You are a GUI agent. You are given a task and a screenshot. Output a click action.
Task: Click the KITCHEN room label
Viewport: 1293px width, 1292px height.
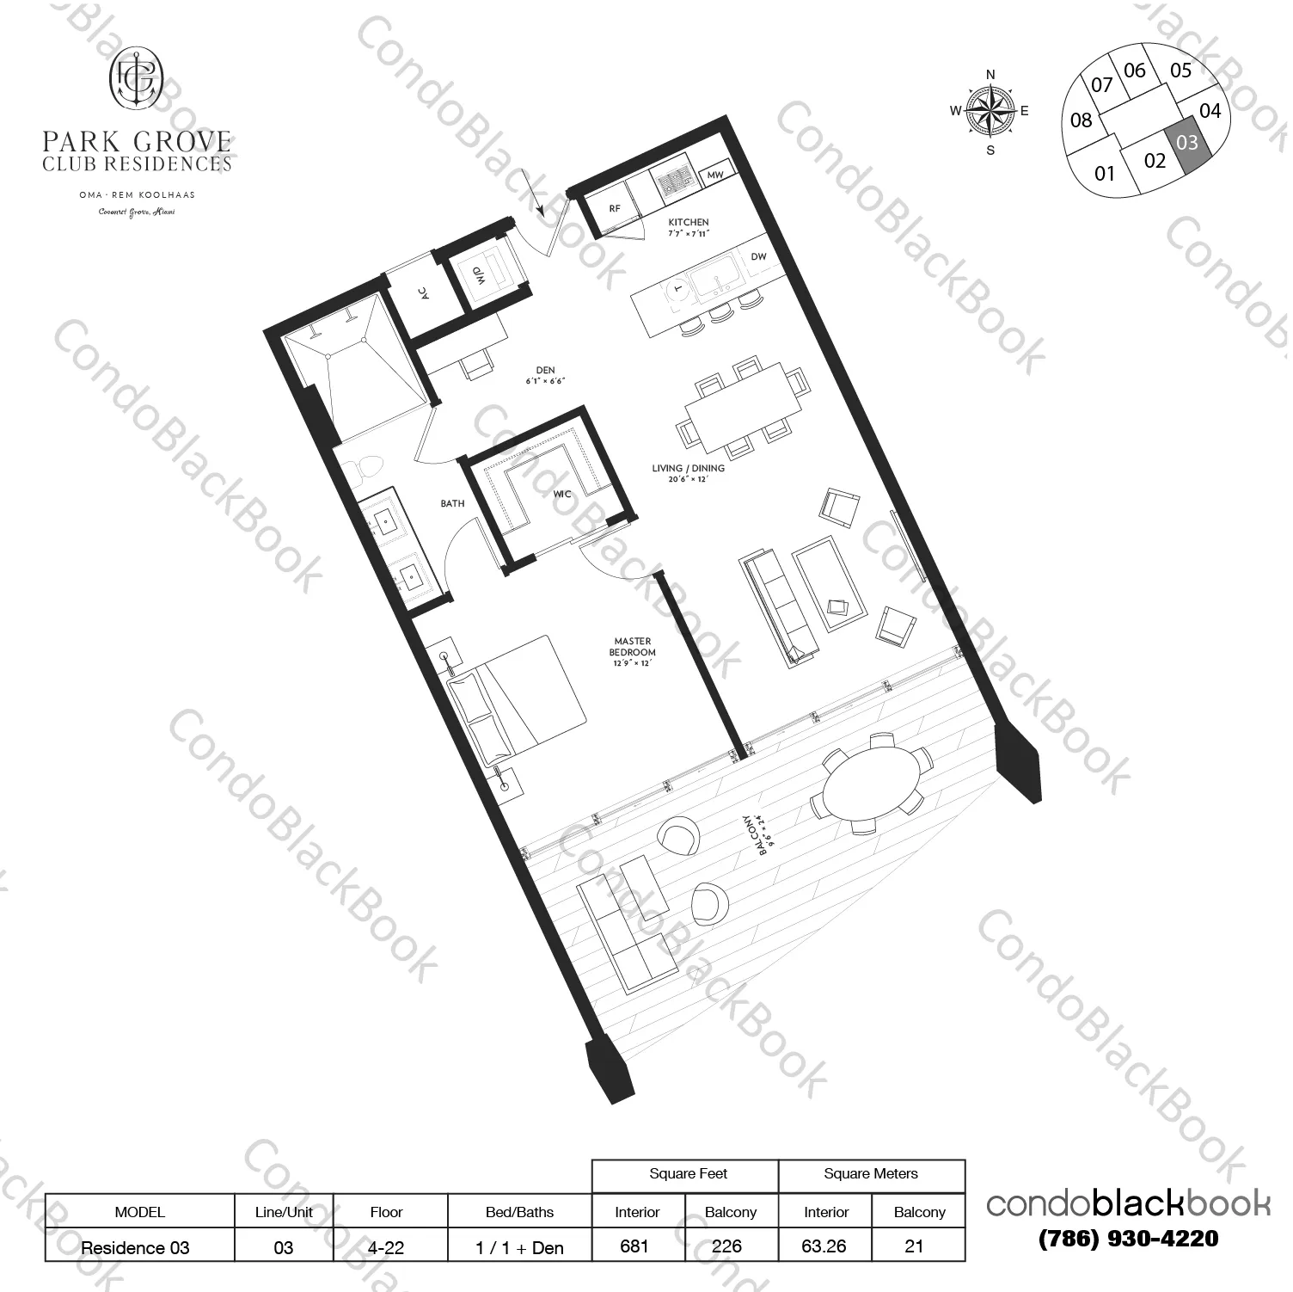click(689, 223)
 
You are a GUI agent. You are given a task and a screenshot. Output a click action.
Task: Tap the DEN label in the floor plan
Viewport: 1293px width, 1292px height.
click(544, 371)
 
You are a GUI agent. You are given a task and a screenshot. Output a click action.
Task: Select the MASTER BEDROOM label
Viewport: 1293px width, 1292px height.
click(633, 642)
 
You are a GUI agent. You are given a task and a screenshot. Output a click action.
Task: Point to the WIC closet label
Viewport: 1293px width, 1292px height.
click(562, 495)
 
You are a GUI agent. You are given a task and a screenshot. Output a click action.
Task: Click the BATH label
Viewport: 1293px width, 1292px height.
click(452, 504)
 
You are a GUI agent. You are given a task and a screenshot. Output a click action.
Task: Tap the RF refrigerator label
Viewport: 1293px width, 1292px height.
click(615, 209)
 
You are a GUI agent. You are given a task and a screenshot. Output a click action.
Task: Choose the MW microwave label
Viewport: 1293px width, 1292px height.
click(715, 175)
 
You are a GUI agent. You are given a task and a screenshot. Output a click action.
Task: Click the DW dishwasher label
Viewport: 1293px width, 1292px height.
click(757, 257)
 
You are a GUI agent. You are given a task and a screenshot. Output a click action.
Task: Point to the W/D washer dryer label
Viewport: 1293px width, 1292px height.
click(478, 277)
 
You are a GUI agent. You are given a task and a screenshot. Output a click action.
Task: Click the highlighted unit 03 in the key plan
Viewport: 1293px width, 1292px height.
click(1187, 141)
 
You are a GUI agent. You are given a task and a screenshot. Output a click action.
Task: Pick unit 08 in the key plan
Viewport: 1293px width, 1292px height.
click(1081, 120)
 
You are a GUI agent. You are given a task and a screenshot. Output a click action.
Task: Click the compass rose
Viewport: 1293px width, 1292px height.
click(990, 112)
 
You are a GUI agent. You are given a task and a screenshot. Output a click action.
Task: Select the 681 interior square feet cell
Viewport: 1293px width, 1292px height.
click(634, 1246)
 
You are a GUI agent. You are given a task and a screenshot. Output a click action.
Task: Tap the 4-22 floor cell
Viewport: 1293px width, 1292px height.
click(387, 1247)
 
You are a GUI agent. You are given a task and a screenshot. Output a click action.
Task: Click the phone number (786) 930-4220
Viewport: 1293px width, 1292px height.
click(1128, 1239)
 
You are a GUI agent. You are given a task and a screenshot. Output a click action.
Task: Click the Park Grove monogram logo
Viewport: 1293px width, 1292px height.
click(137, 78)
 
